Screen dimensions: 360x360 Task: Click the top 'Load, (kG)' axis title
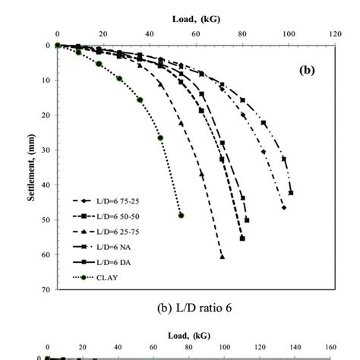pos(196,16)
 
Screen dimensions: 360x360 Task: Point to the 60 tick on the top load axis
pos(197,34)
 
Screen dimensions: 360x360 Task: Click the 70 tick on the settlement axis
pos(46,290)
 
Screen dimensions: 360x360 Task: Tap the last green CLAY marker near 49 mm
pos(181,215)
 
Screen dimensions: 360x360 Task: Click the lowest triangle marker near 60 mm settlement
pos(223,257)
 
